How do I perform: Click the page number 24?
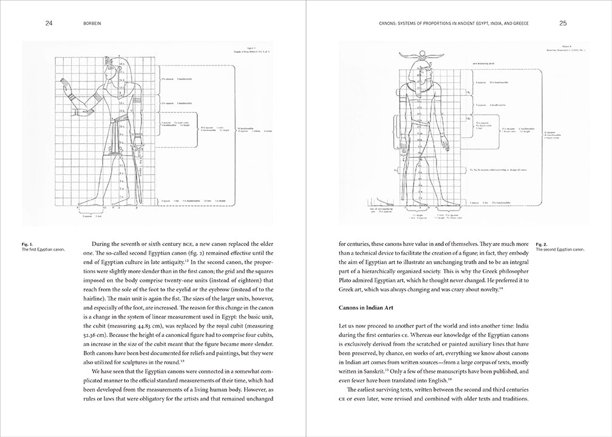[49, 24]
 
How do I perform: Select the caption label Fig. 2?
[542, 243]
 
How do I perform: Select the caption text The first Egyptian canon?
[43, 249]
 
